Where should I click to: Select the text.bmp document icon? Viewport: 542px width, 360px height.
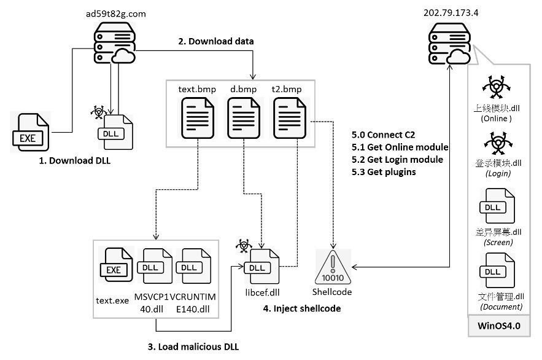coord(198,120)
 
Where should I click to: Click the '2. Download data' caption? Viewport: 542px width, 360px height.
coord(215,41)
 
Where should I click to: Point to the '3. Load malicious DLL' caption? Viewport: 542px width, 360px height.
coord(193,346)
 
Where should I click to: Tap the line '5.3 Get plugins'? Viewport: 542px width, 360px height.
coord(384,172)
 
